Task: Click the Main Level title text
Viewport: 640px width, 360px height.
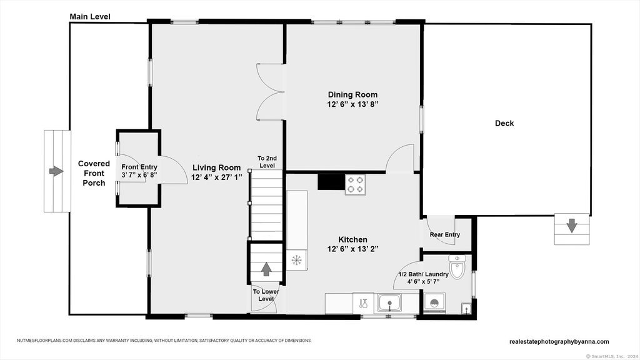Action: (90, 17)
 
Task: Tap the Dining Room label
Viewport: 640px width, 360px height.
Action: (352, 95)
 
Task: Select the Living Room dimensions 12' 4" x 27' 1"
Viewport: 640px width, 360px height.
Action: (217, 177)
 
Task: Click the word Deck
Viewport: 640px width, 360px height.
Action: (504, 123)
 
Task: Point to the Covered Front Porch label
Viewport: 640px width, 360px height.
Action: (94, 173)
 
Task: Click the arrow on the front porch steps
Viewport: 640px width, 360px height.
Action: (56, 171)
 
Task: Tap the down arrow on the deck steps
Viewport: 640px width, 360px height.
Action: (572, 225)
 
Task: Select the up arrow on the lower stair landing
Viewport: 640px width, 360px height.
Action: (266, 269)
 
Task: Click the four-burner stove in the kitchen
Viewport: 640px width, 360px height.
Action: (356, 184)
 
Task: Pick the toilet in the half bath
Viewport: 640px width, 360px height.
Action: (457, 267)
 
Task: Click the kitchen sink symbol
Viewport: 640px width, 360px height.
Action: (389, 303)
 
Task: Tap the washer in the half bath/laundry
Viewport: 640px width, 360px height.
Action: (434, 302)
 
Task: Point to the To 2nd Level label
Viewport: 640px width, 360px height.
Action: (267, 162)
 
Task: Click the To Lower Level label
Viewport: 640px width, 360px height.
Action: (266, 295)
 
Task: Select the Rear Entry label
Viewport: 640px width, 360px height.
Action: (445, 235)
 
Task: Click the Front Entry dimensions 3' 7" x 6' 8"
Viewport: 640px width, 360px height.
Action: (139, 175)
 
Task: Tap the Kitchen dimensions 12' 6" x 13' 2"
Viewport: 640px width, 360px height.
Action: (352, 249)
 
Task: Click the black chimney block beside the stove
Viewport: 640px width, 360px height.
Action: (331, 182)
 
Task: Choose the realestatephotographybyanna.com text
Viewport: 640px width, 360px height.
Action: (559, 342)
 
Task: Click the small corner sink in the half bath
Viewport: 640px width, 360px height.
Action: (466, 309)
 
